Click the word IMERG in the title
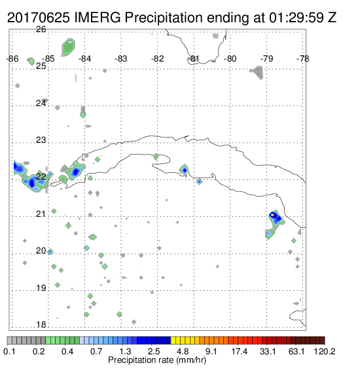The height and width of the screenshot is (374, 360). coord(98,18)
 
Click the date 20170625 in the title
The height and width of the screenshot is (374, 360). coord(39,18)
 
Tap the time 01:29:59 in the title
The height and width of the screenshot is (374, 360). coord(297,18)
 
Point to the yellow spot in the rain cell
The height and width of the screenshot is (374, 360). coord(272,215)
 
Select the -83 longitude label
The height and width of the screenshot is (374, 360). coord(121,59)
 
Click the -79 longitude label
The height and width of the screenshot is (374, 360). coord(266,59)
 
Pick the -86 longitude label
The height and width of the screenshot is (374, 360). coord(12,59)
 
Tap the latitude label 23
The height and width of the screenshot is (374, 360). coord(41,140)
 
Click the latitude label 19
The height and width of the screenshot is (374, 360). coord(41,288)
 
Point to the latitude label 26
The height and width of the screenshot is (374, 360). coord(41,29)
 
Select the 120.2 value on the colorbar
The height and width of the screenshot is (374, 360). coord(325,351)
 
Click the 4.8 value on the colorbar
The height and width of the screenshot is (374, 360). coord(183,351)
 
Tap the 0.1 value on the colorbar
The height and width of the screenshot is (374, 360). coord(9,351)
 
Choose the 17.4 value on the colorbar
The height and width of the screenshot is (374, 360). coord(240,351)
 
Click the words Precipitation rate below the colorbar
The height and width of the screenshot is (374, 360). coord(141,360)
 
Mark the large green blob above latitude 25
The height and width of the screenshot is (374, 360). coord(69,47)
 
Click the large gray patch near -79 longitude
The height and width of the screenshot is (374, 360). coord(257,73)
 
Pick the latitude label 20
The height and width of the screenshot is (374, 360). coord(41,251)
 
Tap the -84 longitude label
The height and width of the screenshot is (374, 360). coord(84,59)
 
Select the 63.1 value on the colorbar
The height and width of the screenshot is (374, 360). coord(297,351)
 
